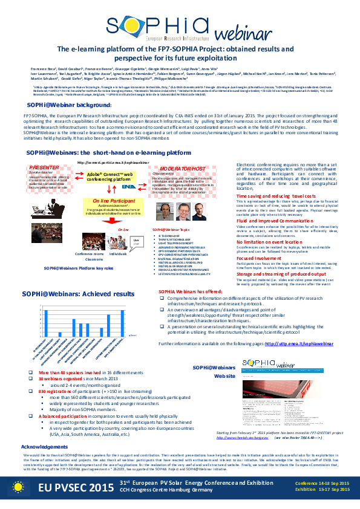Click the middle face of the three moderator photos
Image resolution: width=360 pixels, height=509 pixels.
point(183,213)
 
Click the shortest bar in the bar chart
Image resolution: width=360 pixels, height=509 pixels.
point(60,334)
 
